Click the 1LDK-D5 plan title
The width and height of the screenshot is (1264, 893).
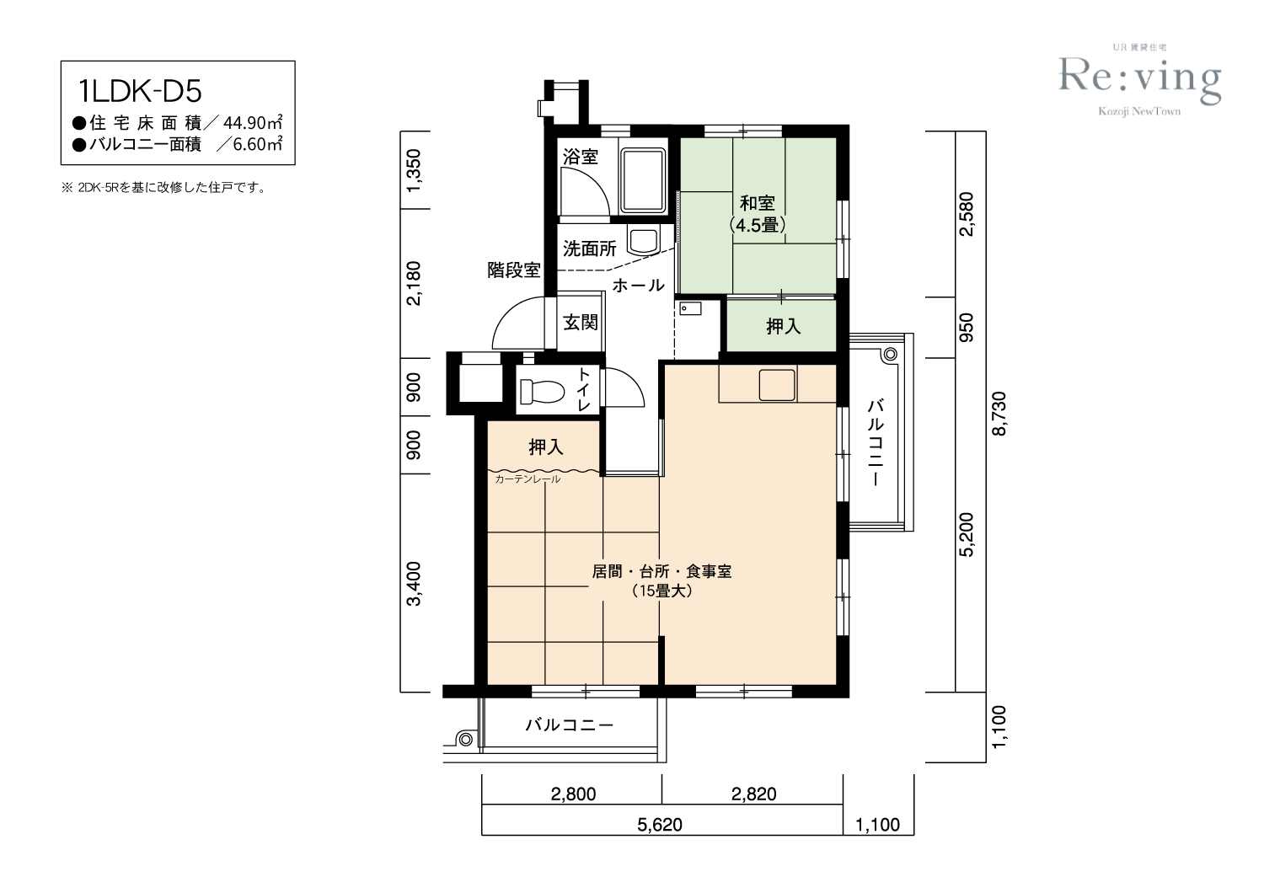tap(140, 92)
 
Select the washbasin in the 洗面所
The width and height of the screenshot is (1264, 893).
tap(643, 242)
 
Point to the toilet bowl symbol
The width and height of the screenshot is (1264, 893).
tap(542, 391)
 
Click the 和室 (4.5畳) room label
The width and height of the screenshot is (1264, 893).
tap(757, 214)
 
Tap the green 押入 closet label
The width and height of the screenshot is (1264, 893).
tap(783, 325)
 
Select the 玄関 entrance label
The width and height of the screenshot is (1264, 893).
tap(580, 323)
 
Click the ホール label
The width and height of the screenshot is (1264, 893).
tap(638, 286)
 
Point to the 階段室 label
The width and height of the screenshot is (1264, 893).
tap(513, 270)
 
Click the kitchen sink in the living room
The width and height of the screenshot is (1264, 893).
tap(777, 385)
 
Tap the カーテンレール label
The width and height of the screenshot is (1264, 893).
tap(528, 479)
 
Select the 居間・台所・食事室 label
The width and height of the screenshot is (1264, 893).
tap(661, 571)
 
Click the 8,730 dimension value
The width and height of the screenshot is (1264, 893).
tap(999, 413)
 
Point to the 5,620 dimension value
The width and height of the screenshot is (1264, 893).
tap(660, 825)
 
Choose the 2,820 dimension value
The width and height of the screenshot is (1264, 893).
tap(754, 794)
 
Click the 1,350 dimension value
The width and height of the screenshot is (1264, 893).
tap(414, 170)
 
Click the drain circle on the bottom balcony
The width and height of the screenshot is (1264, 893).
tap(466, 739)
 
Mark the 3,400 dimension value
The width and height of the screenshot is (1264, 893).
tap(414, 583)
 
